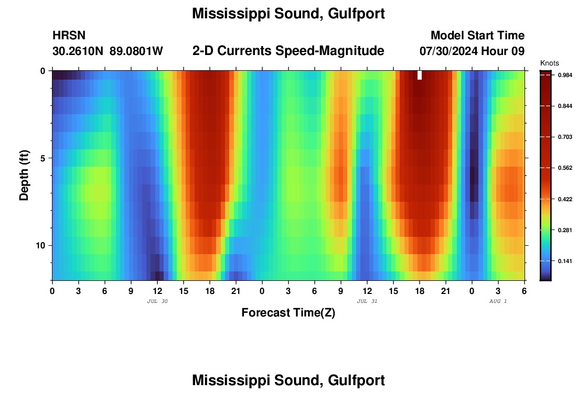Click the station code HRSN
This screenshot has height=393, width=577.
69,36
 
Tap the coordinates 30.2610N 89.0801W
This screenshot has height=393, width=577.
108,51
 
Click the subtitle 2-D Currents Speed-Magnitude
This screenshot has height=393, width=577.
288,51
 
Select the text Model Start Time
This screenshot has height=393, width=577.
477,36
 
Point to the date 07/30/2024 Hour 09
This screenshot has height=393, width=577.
472,51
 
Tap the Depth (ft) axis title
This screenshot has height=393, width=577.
24,175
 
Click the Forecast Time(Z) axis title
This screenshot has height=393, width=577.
288,313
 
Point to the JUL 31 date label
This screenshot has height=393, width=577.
367,301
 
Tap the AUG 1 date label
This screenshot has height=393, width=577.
498,301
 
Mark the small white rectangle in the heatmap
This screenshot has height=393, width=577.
420,75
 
